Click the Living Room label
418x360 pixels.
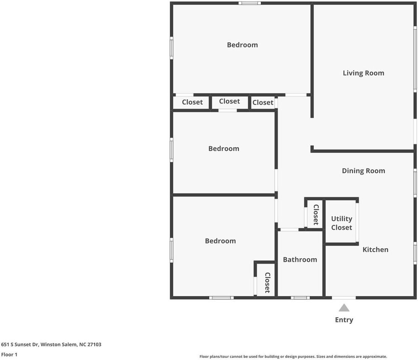pyautogui.click(x=363, y=73)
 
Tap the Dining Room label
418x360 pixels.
pyautogui.click(x=363, y=171)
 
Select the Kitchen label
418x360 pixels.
pyautogui.click(x=375, y=250)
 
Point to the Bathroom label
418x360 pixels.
pyautogui.click(x=300, y=259)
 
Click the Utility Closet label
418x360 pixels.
pyautogui.click(x=342, y=223)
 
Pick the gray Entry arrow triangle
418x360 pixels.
pyautogui.click(x=344, y=308)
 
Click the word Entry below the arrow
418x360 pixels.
pyautogui.click(x=344, y=320)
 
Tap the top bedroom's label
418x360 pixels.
pyautogui.click(x=242, y=45)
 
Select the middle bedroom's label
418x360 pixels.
pyautogui.click(x=224, y=148)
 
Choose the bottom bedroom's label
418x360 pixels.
pyautogui.click(x=220, y=241)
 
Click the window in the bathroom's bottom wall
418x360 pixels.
pyautogui.click(x=300, y=298)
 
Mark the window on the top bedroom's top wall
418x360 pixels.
pyautogui.click(x=250, y=3)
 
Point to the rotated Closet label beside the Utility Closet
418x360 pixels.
pyautogui.click(x=316, y=214)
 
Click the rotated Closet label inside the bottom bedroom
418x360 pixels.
pyautogui.click(x=267, y=283)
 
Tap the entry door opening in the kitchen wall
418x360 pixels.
pyautogui.click(x=344, y=298)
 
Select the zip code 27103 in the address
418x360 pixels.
pyautogui.click(x=94, y=345)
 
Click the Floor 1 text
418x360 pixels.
pyautogui.click(x=9, y=355)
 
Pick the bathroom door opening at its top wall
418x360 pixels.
pyautogui.click(x=289, y=229)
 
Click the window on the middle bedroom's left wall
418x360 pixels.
pyautogui.click(x=171, y=150)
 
